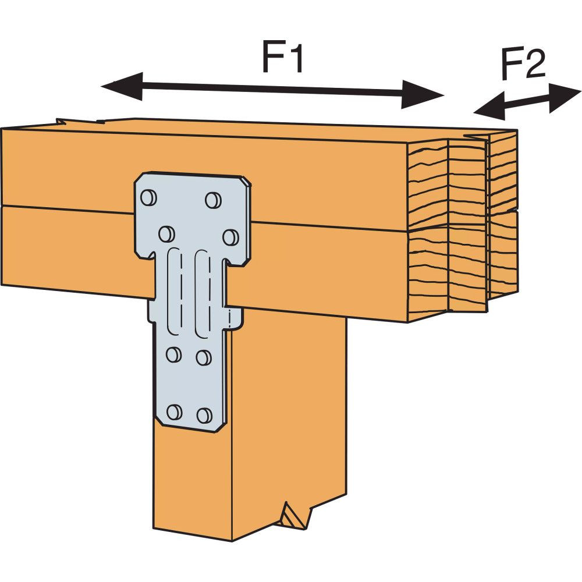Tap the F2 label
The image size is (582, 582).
pos(523,66)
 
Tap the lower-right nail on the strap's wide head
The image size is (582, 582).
pos(230,237)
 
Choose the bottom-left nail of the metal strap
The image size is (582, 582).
pos(173,412)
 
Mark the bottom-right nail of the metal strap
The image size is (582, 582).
pos(203,415)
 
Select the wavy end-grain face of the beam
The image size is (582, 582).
pos(460,227)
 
